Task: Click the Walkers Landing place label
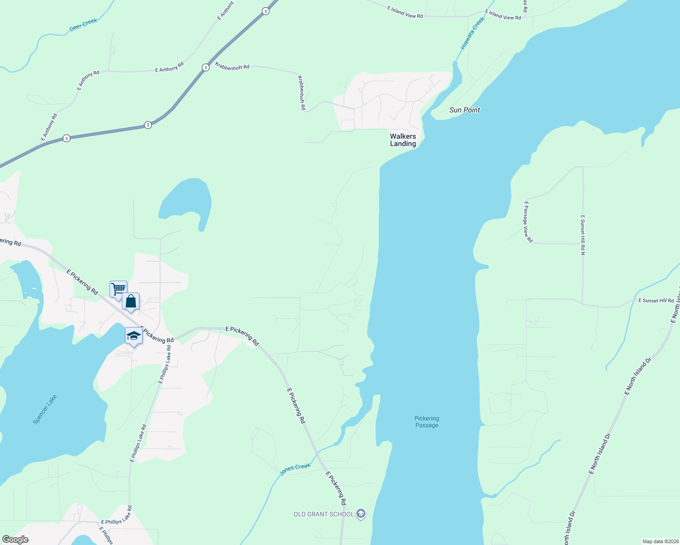click(403, 140)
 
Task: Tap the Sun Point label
click(465, 110)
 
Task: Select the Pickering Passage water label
click(426, 422)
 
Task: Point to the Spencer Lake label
click(45, 409)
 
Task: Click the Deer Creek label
click(83, 25)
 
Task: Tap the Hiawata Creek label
click(473, 33)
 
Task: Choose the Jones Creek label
click(295, 469)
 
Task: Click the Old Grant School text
click(324, 514)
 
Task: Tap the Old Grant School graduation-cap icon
click(361, 514)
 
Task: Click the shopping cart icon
click(118, 288)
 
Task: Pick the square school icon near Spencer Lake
click(134, 336)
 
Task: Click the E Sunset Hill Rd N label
click(583, 235)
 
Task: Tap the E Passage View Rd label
click(528, 222)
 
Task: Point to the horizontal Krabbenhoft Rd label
click(232, 66)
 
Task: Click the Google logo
click(15, 540)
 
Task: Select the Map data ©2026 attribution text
click(660, 541)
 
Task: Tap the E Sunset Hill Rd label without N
click(656, 301)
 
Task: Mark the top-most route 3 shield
click(265, 11)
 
